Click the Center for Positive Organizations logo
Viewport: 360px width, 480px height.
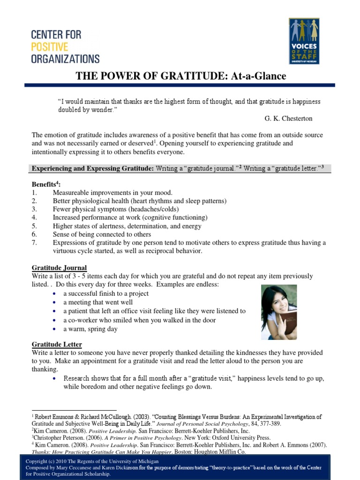click(x=65, y=46)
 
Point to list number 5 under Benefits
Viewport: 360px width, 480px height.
click(x=34, y=226)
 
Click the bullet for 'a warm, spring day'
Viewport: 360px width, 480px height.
click(x=56, y=329)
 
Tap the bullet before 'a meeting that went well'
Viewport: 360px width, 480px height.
click(x=56, y=302)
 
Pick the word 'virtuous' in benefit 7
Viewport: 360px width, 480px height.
click(x=66, y=251)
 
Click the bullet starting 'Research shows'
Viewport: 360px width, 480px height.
click(x=56, y=378)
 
